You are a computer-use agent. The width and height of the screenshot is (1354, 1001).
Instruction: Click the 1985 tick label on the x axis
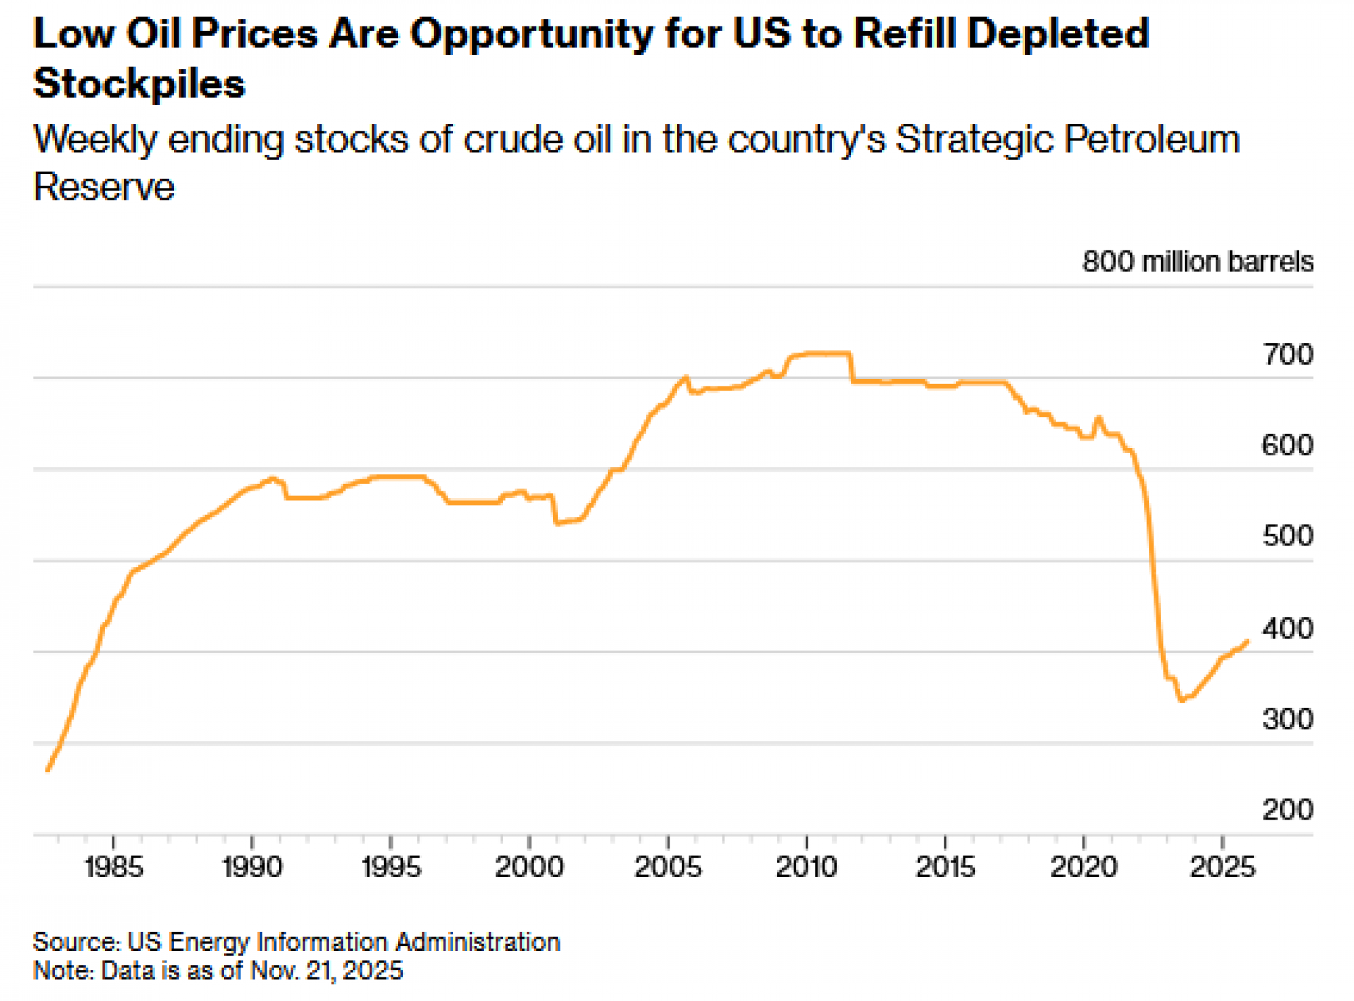[114, 867]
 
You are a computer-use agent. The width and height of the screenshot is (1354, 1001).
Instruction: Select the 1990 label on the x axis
[252, 867]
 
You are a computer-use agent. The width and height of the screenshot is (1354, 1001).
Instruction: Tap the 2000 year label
[529, 867]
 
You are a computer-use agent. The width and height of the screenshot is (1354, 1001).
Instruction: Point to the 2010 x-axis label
[806, 867]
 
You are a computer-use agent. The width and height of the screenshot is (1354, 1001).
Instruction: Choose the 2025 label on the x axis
[1222, 867]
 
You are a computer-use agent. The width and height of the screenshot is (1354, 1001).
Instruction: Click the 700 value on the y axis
[1287, 355]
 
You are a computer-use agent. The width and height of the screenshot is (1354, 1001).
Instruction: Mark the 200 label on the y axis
[1287, 809]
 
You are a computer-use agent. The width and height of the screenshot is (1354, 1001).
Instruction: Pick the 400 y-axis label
[1287, 629]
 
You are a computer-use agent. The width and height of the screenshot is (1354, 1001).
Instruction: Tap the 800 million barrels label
[1197, 262]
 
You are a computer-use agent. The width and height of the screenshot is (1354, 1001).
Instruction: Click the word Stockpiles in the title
[139, 84]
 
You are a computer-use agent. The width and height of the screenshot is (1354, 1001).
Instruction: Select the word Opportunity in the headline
[531, 34]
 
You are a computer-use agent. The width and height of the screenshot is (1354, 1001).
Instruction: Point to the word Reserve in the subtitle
[104, 187]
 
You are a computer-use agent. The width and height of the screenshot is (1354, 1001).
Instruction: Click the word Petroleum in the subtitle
[1151, 139]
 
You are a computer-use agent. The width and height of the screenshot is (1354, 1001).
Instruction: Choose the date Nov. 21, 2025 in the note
[326, 971]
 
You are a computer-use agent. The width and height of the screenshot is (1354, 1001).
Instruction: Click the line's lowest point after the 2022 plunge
[1181, 700]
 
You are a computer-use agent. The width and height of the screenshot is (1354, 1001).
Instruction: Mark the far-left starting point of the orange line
[47, 770]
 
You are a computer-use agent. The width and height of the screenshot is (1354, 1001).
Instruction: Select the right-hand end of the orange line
[1248, 640]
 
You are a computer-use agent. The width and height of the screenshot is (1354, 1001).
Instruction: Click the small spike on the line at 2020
[1098, 418]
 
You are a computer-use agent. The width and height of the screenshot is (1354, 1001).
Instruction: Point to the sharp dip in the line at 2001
[556, 523]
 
